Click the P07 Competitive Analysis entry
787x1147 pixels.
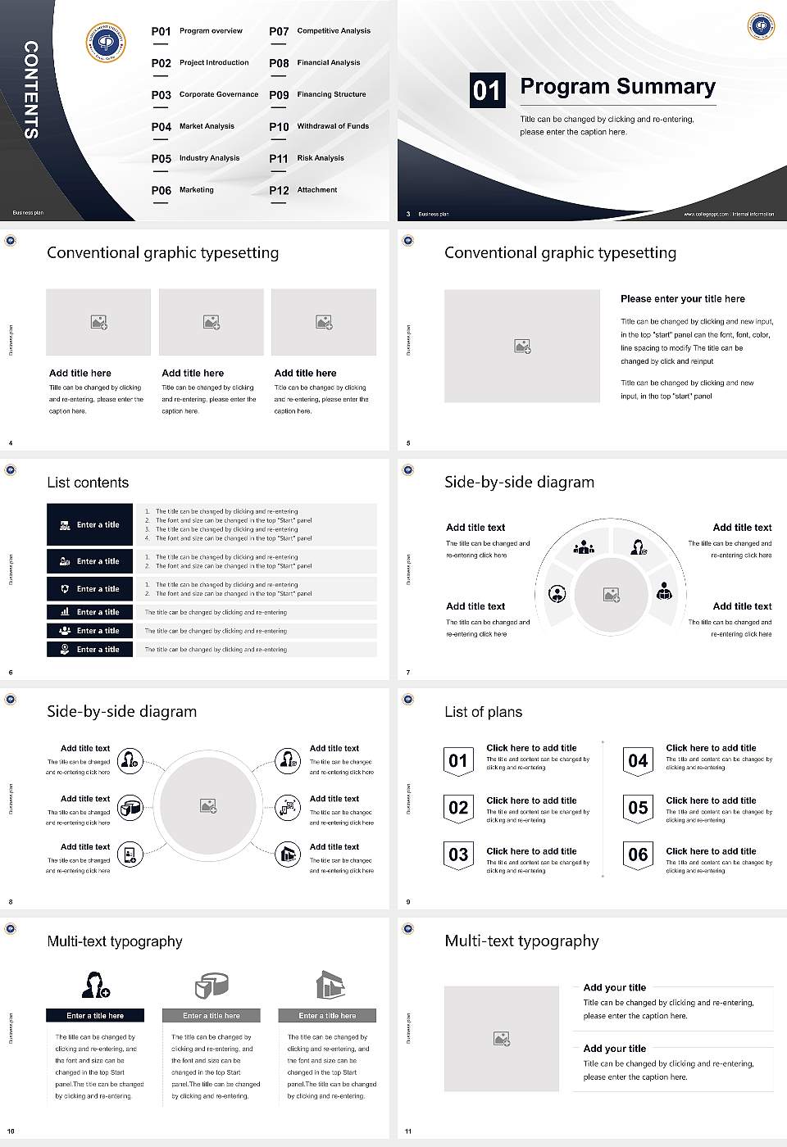(x=320, y=31)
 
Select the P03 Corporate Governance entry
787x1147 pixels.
(x=205, y=95)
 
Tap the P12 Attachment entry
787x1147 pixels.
(x=303, y=190)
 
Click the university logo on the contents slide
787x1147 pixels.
(x=106, y=42)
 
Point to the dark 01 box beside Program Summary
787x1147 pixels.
(x=486, y=90)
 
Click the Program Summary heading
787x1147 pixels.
(x=617, y=87)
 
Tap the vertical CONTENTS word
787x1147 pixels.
(x=31, y=89)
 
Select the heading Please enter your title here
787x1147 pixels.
(x=682, y=299)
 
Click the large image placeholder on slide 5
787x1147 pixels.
(x=521, y=346)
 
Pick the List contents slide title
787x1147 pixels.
(x=88, y=483)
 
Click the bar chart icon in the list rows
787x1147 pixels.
(x=65, y=612)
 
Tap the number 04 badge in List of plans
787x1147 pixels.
(x=638, y=761)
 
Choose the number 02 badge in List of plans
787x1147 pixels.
(x=458, y=808)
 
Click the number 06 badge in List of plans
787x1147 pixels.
(x=638, y=855)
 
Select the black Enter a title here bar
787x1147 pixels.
(x=95, y=1016)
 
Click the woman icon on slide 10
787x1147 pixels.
(x=95, y=984)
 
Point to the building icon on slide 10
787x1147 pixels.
(x=330, y=986)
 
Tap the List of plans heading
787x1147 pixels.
(x=483, y=712)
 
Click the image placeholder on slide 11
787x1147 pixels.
(x=502, y=1038)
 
